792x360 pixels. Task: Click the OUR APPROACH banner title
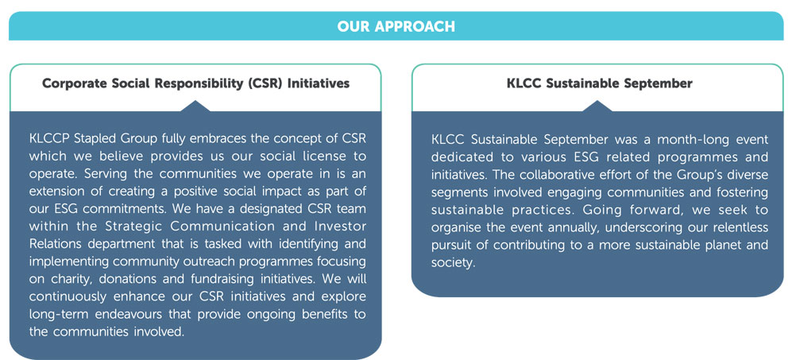pyautogui.click(x=396, y=26)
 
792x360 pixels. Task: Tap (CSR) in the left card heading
pyautogui.click(x=265, y=84)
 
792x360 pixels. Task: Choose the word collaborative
pyautogui.click(x=562, y=175)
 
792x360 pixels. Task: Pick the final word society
pyautogui.click(x=454, y=263)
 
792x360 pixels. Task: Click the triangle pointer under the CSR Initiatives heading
pyautogui.click(x=195, y=106)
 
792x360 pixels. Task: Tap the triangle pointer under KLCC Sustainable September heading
pyautogui.click(x=598, y=106)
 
